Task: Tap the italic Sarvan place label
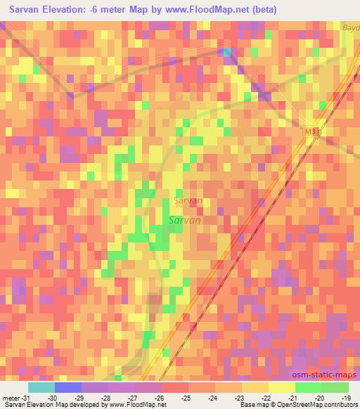[186, 220]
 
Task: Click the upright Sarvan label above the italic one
[187, 200]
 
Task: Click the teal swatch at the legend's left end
[41, 387]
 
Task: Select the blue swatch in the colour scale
[67, 387]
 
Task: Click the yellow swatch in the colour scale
[281, 387]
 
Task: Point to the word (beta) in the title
[263, 9]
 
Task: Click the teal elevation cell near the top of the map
[226, 52]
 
